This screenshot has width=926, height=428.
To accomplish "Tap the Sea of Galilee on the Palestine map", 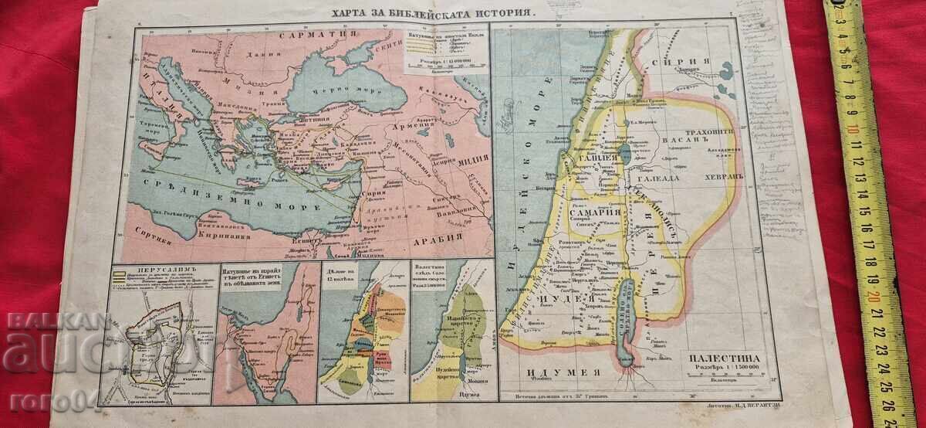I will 622,151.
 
